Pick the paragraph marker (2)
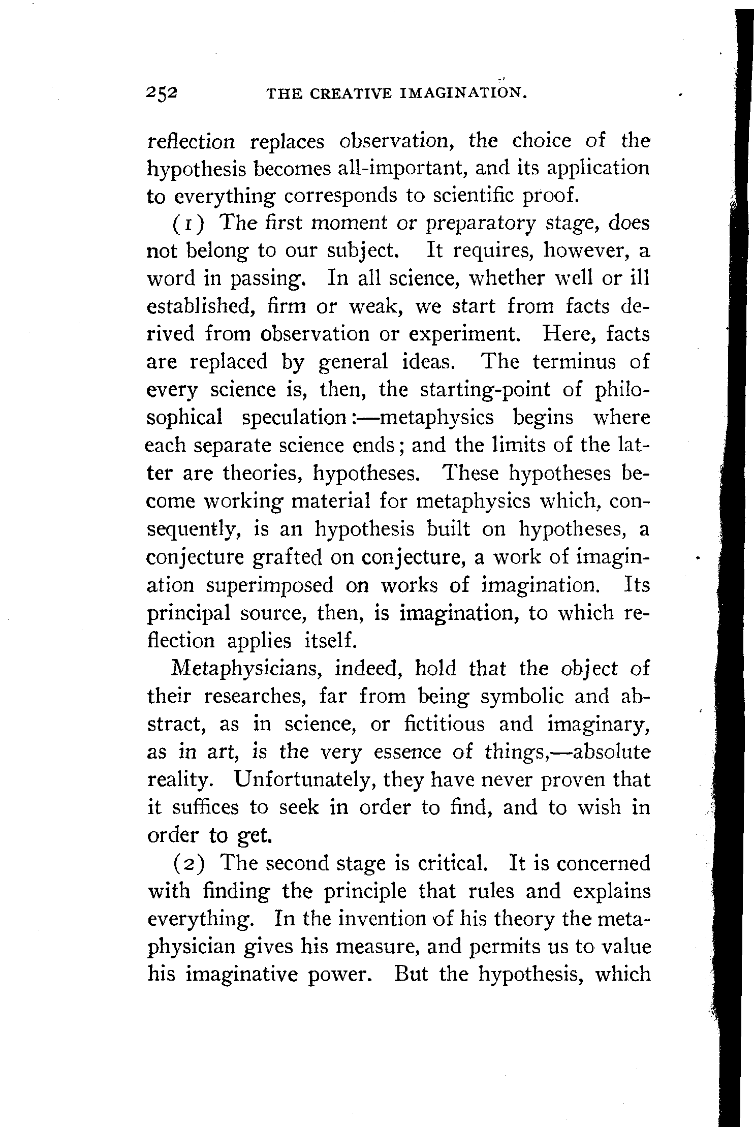pyautogui.click(x=191, y=864)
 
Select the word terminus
pyautogui.click(x=573, y=362)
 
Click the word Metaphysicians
pyautogui.click(x=249, y=669)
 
